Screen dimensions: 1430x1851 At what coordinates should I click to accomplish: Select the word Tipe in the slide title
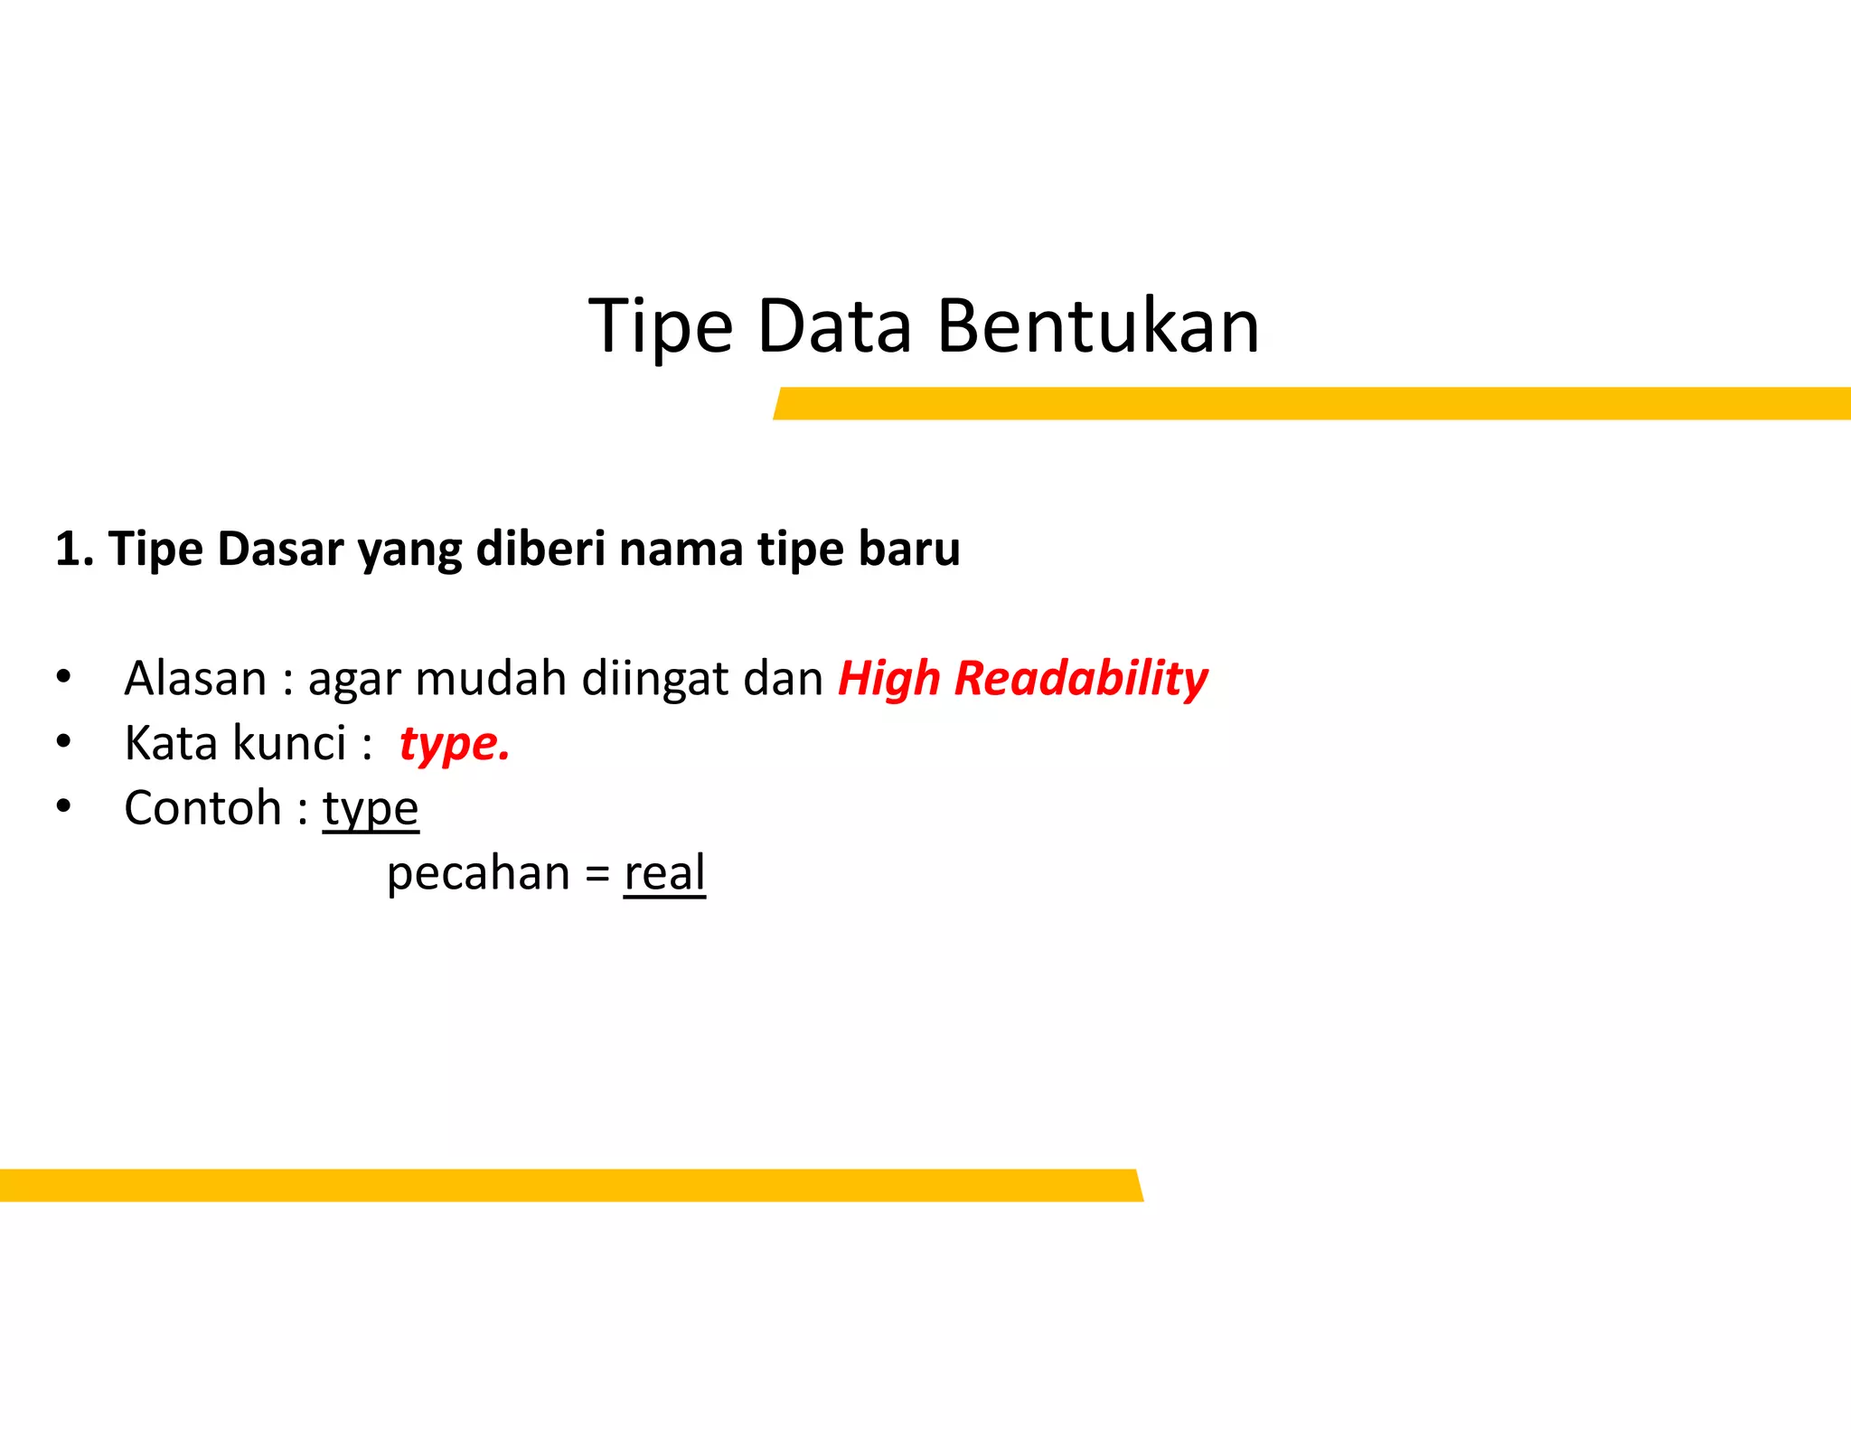click(661, 327)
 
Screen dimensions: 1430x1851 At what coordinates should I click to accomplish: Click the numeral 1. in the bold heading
click(74, 549)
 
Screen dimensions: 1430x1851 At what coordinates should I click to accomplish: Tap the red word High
click(888, 679)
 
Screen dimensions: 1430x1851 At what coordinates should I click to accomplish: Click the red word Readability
click(1081, 679)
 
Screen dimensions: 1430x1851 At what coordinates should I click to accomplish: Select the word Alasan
click(195, 679)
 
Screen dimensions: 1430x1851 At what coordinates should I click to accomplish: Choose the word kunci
click(289, 744)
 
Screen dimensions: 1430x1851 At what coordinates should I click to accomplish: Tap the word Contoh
click(202, 808)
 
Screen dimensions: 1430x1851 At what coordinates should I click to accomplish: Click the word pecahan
click(478, 874)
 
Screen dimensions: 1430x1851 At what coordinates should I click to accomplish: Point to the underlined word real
click(664, 874)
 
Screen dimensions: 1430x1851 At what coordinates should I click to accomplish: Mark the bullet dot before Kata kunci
click(63, 741)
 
